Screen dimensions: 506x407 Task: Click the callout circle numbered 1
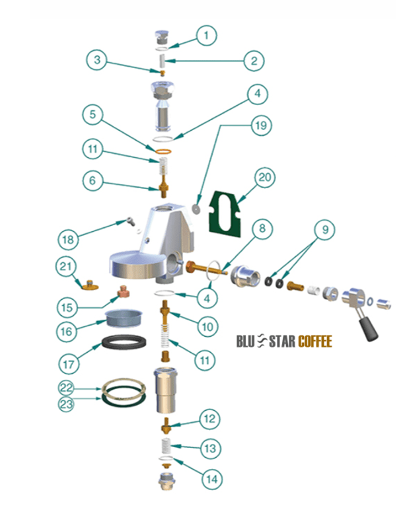pyautogui.click(x=207, y=35)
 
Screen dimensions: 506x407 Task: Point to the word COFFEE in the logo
pyautogui.click(x=314, y=342)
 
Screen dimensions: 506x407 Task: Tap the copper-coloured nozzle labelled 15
pyautogui.click(x=122, y=291)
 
